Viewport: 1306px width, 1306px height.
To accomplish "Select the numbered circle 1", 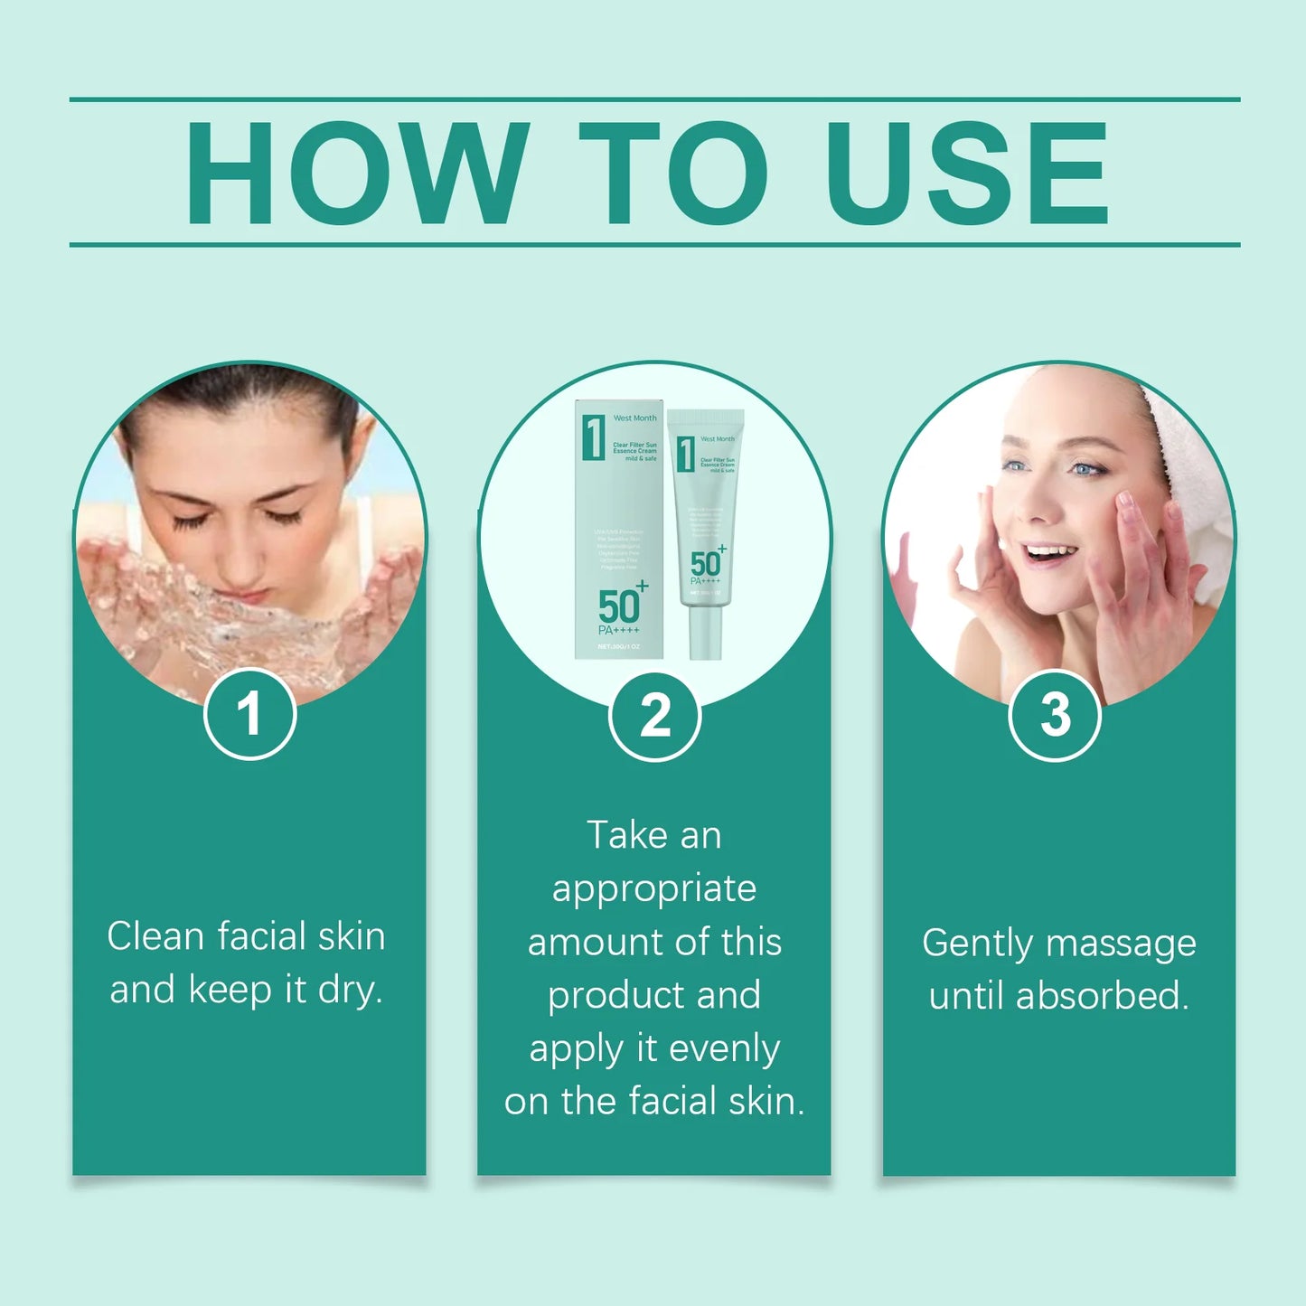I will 249,714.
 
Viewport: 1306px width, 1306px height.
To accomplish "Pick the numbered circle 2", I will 654,716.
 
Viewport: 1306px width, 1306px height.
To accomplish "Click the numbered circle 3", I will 1054,715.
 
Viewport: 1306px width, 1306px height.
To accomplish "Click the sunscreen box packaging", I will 619,529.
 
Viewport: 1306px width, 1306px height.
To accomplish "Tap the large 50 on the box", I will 618,606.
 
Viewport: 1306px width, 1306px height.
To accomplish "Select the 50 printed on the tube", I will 705,564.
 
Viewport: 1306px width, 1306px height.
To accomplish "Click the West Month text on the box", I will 634,418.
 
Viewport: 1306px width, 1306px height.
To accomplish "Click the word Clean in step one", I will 155,936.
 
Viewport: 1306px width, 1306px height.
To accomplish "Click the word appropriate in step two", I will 654,889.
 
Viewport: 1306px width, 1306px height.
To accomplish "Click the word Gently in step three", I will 977,944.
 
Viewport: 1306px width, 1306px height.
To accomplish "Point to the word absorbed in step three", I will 1101,996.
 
